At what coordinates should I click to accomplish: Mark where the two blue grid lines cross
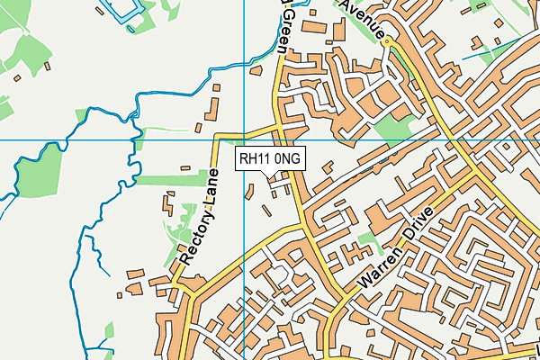pyautogui.click(x=245, y=140)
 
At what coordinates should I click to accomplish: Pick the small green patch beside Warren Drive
pyautogui.click(x=365, y=241)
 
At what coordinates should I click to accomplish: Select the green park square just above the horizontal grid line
pyautogui.click(x=391, y=127)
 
